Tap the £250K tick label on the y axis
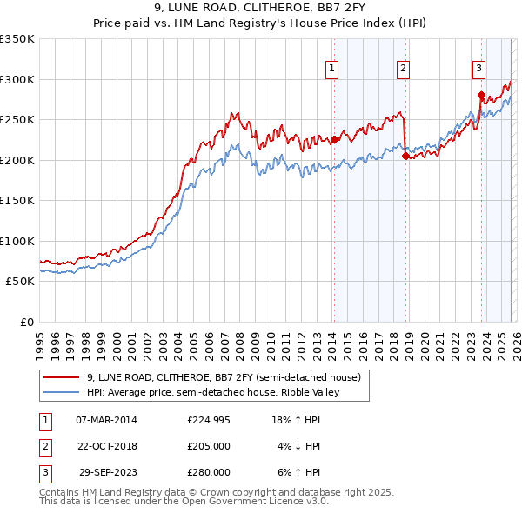(x=17, y=120)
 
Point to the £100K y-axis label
(x=17, y=242)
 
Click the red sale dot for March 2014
(x=334, y=139)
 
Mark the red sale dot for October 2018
(x=405, y=156)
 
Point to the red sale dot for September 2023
(x=481, y=95)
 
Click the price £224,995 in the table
(x=209, y=420)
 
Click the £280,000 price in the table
(x=209, y=472)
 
